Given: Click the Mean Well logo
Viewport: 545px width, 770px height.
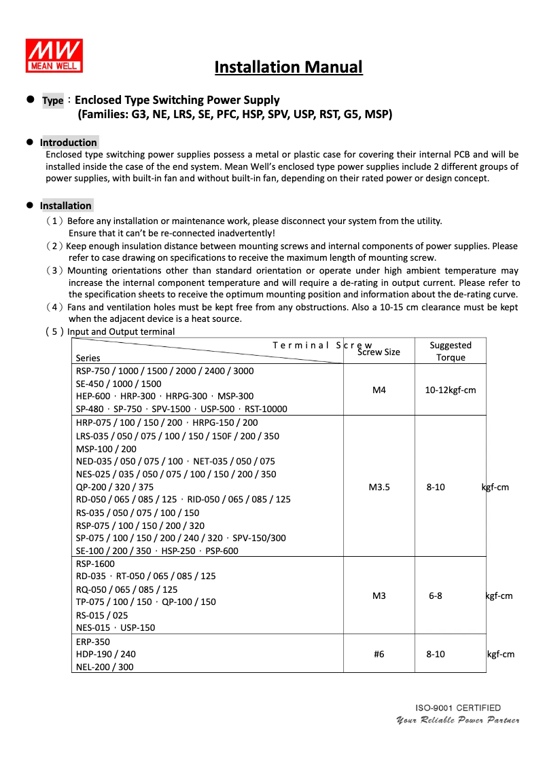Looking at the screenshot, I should (54, 55).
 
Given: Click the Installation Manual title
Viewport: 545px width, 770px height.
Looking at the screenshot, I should (288, 67).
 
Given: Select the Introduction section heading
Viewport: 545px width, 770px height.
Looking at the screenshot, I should (68, 143).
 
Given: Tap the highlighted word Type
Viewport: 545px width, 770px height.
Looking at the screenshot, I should (52, 100).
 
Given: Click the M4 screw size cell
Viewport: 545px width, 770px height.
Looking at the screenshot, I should (379, 390).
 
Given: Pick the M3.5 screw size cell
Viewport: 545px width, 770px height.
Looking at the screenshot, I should (379, 487).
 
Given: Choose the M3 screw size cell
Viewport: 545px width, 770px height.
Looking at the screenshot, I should (379, 596).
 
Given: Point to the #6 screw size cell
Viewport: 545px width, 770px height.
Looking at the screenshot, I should (379, 654).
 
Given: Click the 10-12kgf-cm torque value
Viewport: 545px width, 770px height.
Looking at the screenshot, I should (451, 390).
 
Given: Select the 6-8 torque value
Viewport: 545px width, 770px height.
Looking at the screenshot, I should (436, 596).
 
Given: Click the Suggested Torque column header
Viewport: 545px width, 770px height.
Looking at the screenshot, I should (451, 351).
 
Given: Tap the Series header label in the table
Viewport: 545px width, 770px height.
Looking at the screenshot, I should (88, 358).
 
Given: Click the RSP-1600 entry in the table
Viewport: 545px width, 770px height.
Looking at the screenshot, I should (96, 564).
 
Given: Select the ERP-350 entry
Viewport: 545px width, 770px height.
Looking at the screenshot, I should (93, 642).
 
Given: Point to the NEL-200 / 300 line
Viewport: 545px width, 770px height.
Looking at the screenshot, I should (105, 667).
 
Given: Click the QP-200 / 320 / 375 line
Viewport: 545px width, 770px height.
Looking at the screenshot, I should (115, 487).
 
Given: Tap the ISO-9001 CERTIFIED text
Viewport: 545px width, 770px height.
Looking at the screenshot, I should (458, 708).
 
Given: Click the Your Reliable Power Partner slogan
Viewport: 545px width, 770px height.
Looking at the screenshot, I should (458, 720).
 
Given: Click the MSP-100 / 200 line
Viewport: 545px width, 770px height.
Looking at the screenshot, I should (106, 449).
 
